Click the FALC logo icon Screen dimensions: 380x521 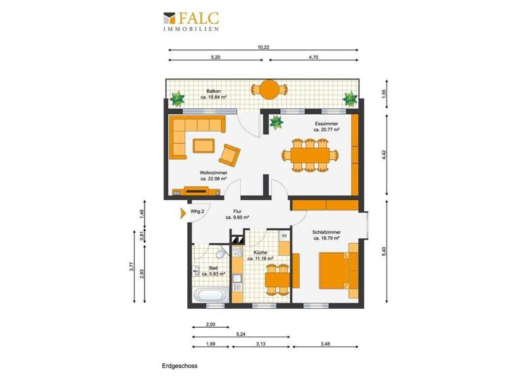(170, 18)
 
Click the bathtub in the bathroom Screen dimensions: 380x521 (210, 294)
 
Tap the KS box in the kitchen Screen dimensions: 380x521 (284, 235)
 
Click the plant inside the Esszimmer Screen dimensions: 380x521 (275, 123)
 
